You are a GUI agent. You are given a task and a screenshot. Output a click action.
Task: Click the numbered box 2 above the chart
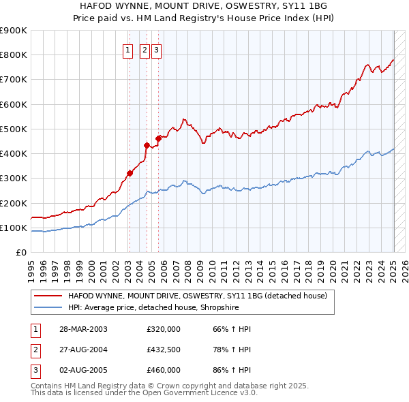coord(145,49)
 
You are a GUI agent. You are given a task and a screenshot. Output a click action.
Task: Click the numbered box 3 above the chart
coord(156,49)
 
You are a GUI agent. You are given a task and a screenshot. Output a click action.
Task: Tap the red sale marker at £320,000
coord(130,173)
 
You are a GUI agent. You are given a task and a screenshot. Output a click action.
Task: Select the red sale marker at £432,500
coord(147,145)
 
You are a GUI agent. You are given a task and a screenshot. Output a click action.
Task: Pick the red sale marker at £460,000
coord(158,138)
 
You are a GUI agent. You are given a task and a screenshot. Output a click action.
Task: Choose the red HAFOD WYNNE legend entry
coord(198,296)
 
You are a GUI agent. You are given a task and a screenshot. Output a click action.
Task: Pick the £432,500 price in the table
coord(164,350)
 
